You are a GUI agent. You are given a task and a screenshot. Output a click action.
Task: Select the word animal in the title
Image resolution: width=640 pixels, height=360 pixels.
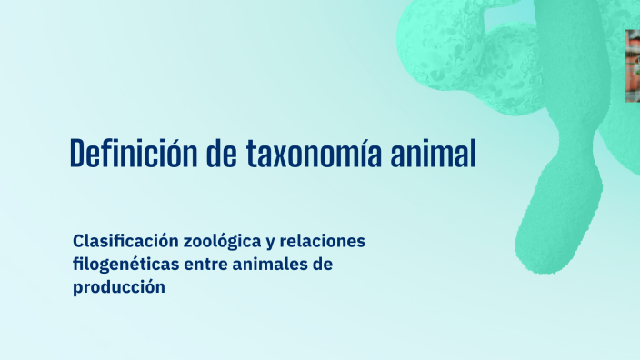click(435, 154)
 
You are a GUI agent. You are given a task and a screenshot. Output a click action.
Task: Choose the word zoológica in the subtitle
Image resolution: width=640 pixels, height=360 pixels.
click(221, 242)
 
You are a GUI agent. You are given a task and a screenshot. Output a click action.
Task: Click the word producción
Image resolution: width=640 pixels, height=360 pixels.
click(119, 287)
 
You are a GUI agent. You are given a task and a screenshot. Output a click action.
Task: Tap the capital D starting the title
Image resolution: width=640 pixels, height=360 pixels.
click(78, 154)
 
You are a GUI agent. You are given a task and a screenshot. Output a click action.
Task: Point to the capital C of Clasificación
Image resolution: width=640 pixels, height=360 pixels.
click(78, 242)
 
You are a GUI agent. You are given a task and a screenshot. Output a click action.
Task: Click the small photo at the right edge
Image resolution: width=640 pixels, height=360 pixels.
click(633, 65)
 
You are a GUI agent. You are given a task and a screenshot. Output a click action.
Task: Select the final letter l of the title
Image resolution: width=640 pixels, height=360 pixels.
click(472, 154)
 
